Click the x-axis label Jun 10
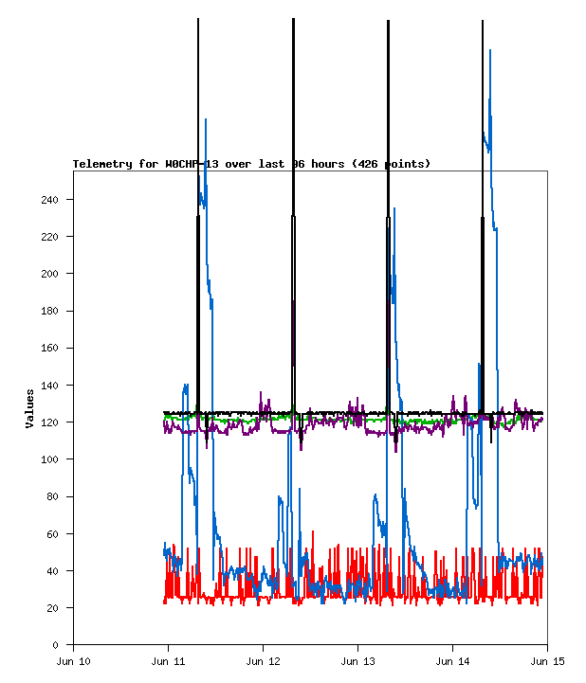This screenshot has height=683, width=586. point(74,660)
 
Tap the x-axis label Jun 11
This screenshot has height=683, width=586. point(168,660)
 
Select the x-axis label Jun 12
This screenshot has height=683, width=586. point(263,660)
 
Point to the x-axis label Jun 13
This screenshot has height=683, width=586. point(357,660)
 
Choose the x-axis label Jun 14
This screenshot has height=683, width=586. point(452,660)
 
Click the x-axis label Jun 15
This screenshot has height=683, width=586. point(547,660)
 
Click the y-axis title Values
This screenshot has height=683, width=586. point(30,407)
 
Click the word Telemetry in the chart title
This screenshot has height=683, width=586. point(102,164)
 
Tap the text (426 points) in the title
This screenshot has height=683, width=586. point(391,164)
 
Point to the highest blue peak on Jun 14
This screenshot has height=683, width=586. point(490,51)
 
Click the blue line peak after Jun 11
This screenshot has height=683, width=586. point(206,120)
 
